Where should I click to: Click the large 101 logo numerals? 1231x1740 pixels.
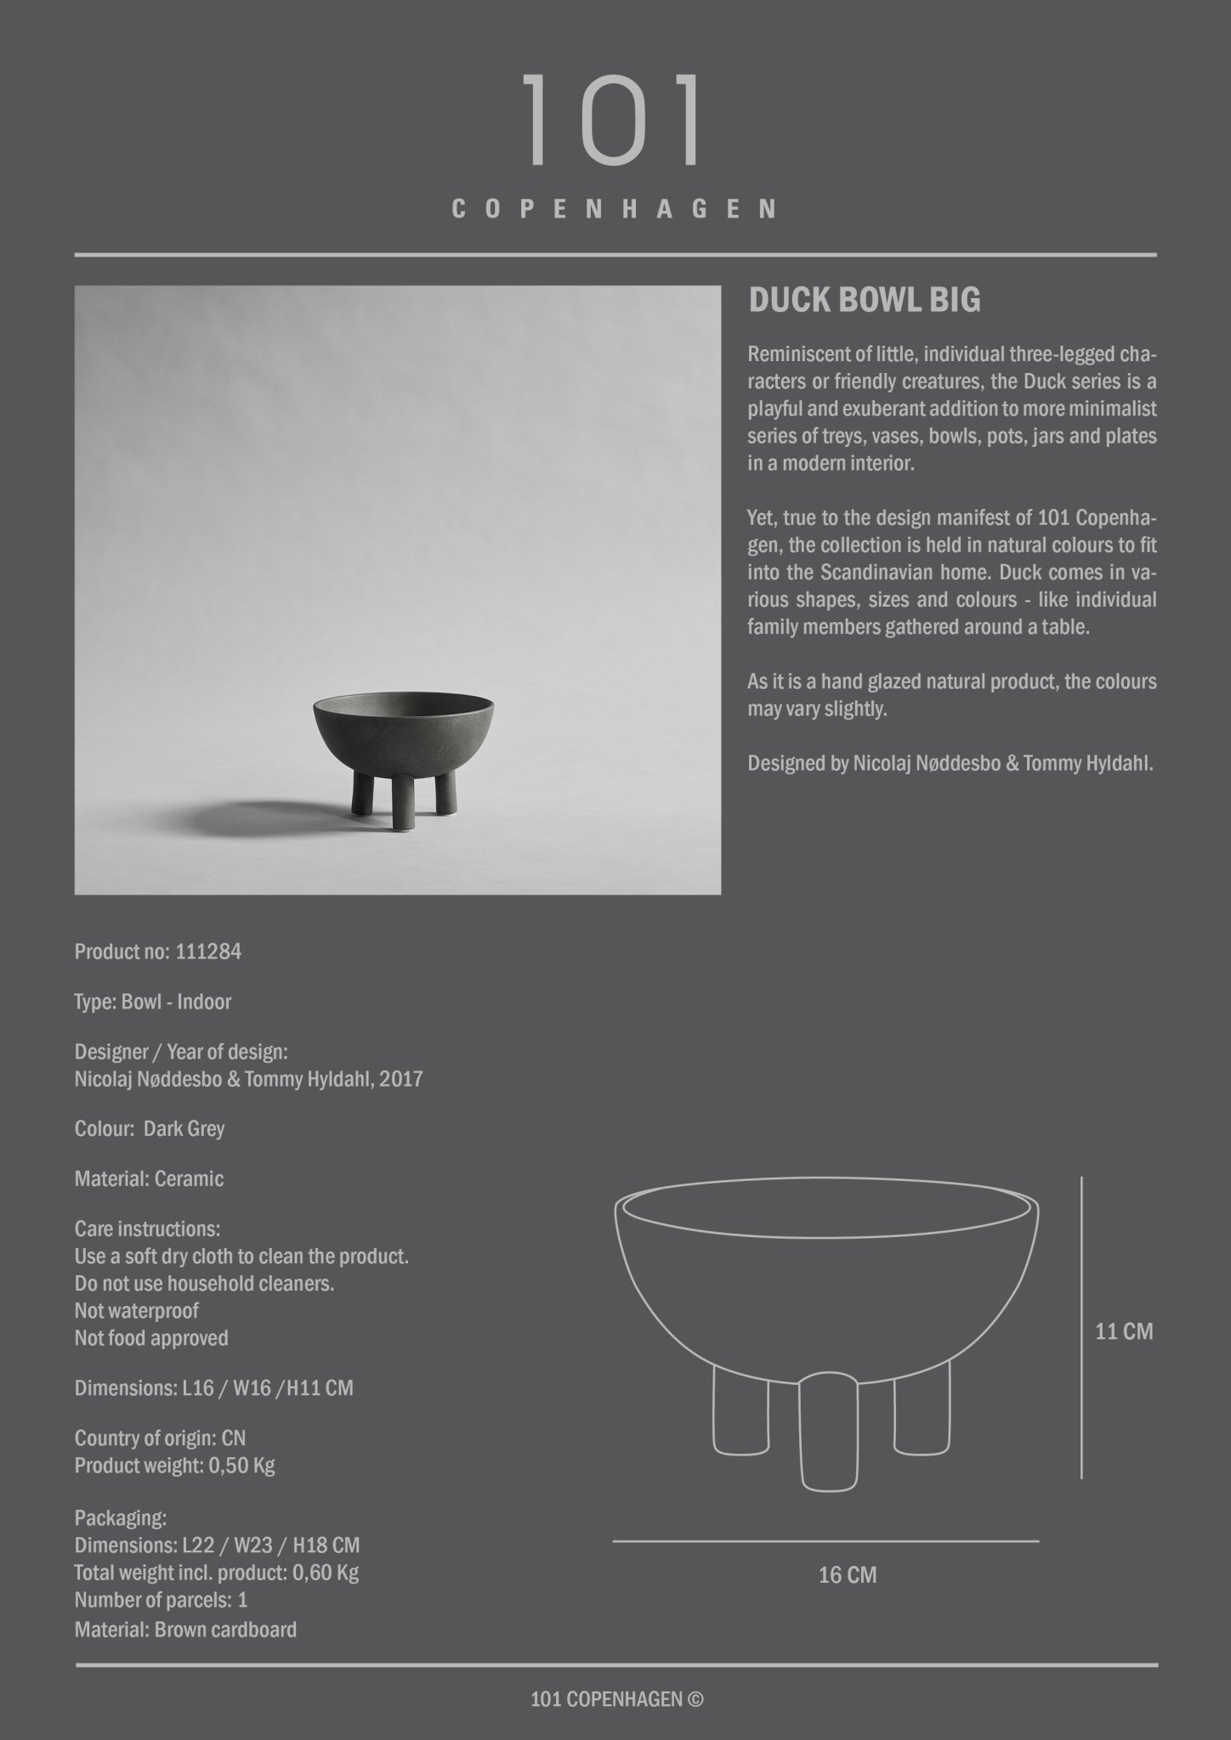click(x=614, y=120)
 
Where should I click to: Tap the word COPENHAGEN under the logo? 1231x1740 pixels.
click(x=614, y=209)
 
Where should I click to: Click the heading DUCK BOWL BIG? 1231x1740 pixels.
click(x=864, y=300)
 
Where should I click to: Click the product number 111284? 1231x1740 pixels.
click(x=208, y=952)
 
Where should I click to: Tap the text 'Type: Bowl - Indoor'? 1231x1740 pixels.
click(x=153, y=1002)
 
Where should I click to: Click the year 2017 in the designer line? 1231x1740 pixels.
click(x=403, y=1079)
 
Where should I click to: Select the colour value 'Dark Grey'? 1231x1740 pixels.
click(x=184, y=1129)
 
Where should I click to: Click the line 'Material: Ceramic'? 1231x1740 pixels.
click(x=149, y=1179)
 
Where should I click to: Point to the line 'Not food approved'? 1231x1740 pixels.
click(x=151, y=1338)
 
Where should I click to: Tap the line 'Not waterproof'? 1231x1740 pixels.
click(x=136, y=1311)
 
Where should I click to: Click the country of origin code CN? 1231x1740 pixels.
click(x=233, y=1438)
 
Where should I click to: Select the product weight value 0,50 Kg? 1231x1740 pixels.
click(x=241, y=1466)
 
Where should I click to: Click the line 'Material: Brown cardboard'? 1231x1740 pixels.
click(x=185, y=1630)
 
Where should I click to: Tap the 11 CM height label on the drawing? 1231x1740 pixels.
click(x=1123, y=1331)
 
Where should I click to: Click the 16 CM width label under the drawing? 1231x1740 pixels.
click(x=847, y=1575)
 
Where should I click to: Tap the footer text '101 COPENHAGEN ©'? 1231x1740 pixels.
click(x=616, y=1699)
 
